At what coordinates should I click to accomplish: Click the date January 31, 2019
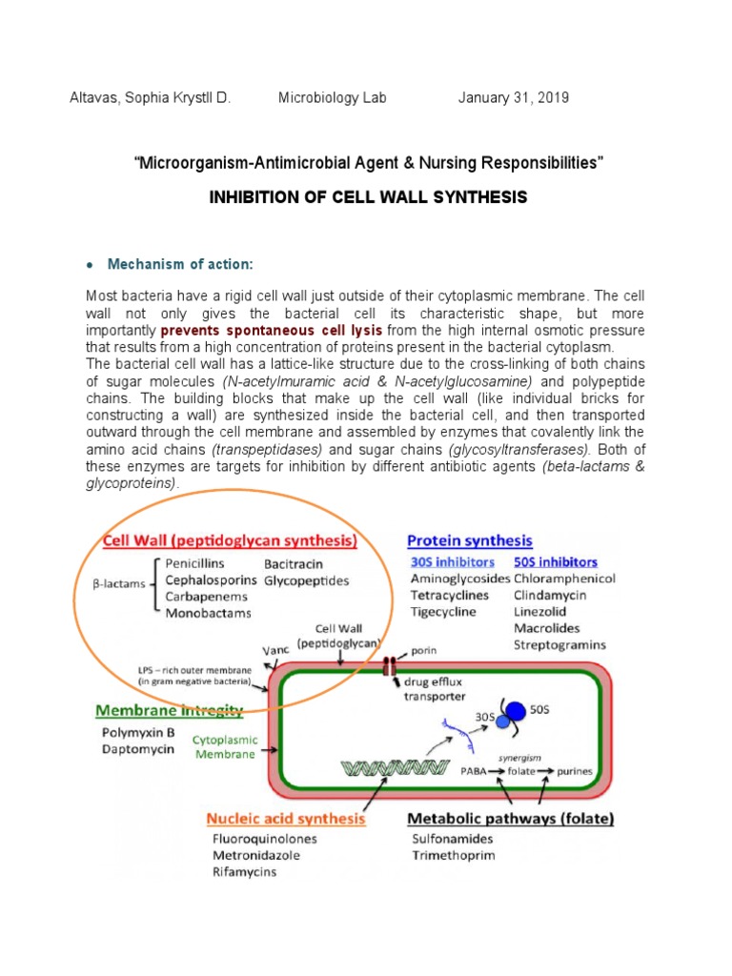pos(514,98)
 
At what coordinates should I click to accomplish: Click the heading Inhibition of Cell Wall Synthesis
pos(367,197)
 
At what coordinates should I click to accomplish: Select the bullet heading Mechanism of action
pos(181,264)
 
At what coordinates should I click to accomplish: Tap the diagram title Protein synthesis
pos(470,541)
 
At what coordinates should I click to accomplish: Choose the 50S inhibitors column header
pos(556,561)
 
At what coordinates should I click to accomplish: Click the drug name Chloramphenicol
pos(564,579)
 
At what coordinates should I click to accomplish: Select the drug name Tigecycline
pos(443,612)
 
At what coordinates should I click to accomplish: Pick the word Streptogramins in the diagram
pos(559,644)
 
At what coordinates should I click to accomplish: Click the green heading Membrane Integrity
pos(169,710)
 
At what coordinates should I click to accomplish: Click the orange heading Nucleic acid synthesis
pos(286,818)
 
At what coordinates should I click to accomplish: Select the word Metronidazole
pos(256,855)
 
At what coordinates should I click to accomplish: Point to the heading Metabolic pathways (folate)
pos(511,818)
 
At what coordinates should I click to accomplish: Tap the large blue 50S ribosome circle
pos(515,711)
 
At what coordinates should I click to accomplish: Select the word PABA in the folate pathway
pos(478,770)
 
